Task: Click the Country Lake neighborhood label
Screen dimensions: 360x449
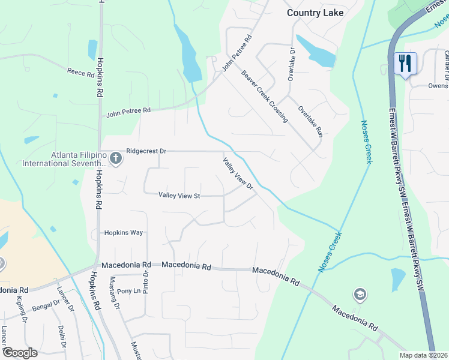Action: [x=315, y=13]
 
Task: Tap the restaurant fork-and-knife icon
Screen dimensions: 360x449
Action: [x=405, y=62]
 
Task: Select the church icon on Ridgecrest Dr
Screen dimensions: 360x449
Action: [x=116, y=158]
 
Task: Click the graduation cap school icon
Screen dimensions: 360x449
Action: [x=360, y=295]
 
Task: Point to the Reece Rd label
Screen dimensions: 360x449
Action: [x=81, y=74]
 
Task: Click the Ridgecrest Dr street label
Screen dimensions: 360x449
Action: [x=145, y=152]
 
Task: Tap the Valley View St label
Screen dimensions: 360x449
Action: [x=179, y=195]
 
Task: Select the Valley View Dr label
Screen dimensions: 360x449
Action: [x=238, y=174]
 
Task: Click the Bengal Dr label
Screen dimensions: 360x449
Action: [x=45, y=307]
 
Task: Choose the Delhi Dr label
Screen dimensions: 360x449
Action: [x=61, y=336]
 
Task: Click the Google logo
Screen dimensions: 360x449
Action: [x=20, y=352]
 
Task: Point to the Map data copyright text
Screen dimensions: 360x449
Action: [x=422, y=355]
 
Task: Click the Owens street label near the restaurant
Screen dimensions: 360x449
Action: [x=438, y=86]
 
